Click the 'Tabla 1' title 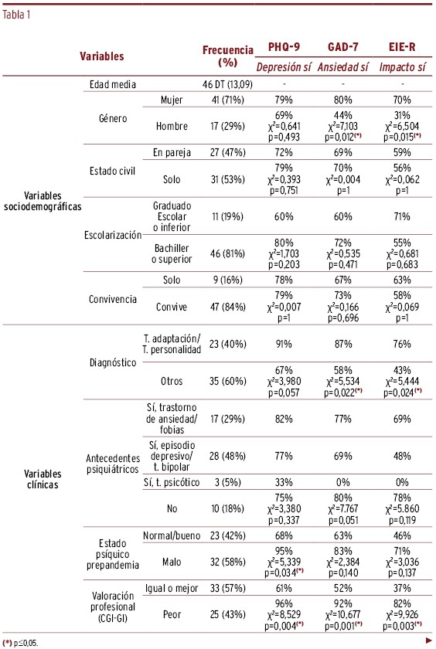point(16,15)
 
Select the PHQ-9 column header point(284,47)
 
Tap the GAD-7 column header point(342,47)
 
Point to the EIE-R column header point(402,47)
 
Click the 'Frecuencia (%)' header point(228,56)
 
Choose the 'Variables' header point(102,56)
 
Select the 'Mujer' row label point(172,100)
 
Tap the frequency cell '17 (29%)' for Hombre point(228,126)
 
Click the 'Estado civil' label point(113,171)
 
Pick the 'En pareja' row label point(172,152)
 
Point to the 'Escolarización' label point(113,235)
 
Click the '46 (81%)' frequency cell point(228,253)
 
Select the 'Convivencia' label point(113,299)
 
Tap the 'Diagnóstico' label point(113,362)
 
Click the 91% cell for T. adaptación point(284,344)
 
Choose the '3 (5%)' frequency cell point(228,482)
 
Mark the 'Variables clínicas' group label point(43,479)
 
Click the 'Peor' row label point(172,614)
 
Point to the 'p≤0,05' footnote point(20,643)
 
